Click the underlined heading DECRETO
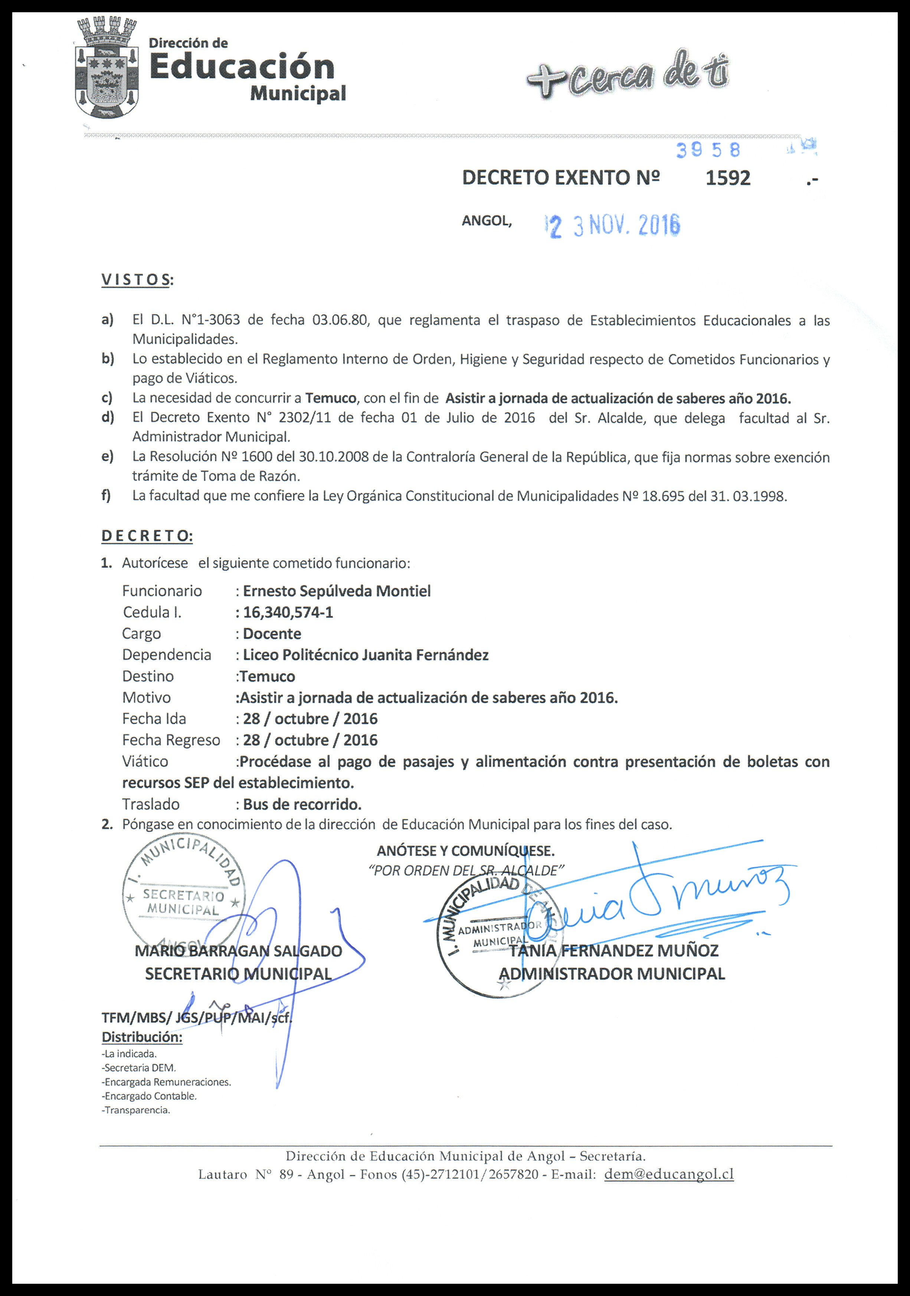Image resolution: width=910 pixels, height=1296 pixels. (147, 536)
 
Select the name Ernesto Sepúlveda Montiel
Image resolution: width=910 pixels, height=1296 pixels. (337, 591)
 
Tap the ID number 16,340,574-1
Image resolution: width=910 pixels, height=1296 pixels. (288, 613)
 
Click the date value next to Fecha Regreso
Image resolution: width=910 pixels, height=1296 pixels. (311, 740)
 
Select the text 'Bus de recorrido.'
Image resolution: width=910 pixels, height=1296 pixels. (302, 804)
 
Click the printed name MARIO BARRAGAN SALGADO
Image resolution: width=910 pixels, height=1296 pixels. (238, 951)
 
